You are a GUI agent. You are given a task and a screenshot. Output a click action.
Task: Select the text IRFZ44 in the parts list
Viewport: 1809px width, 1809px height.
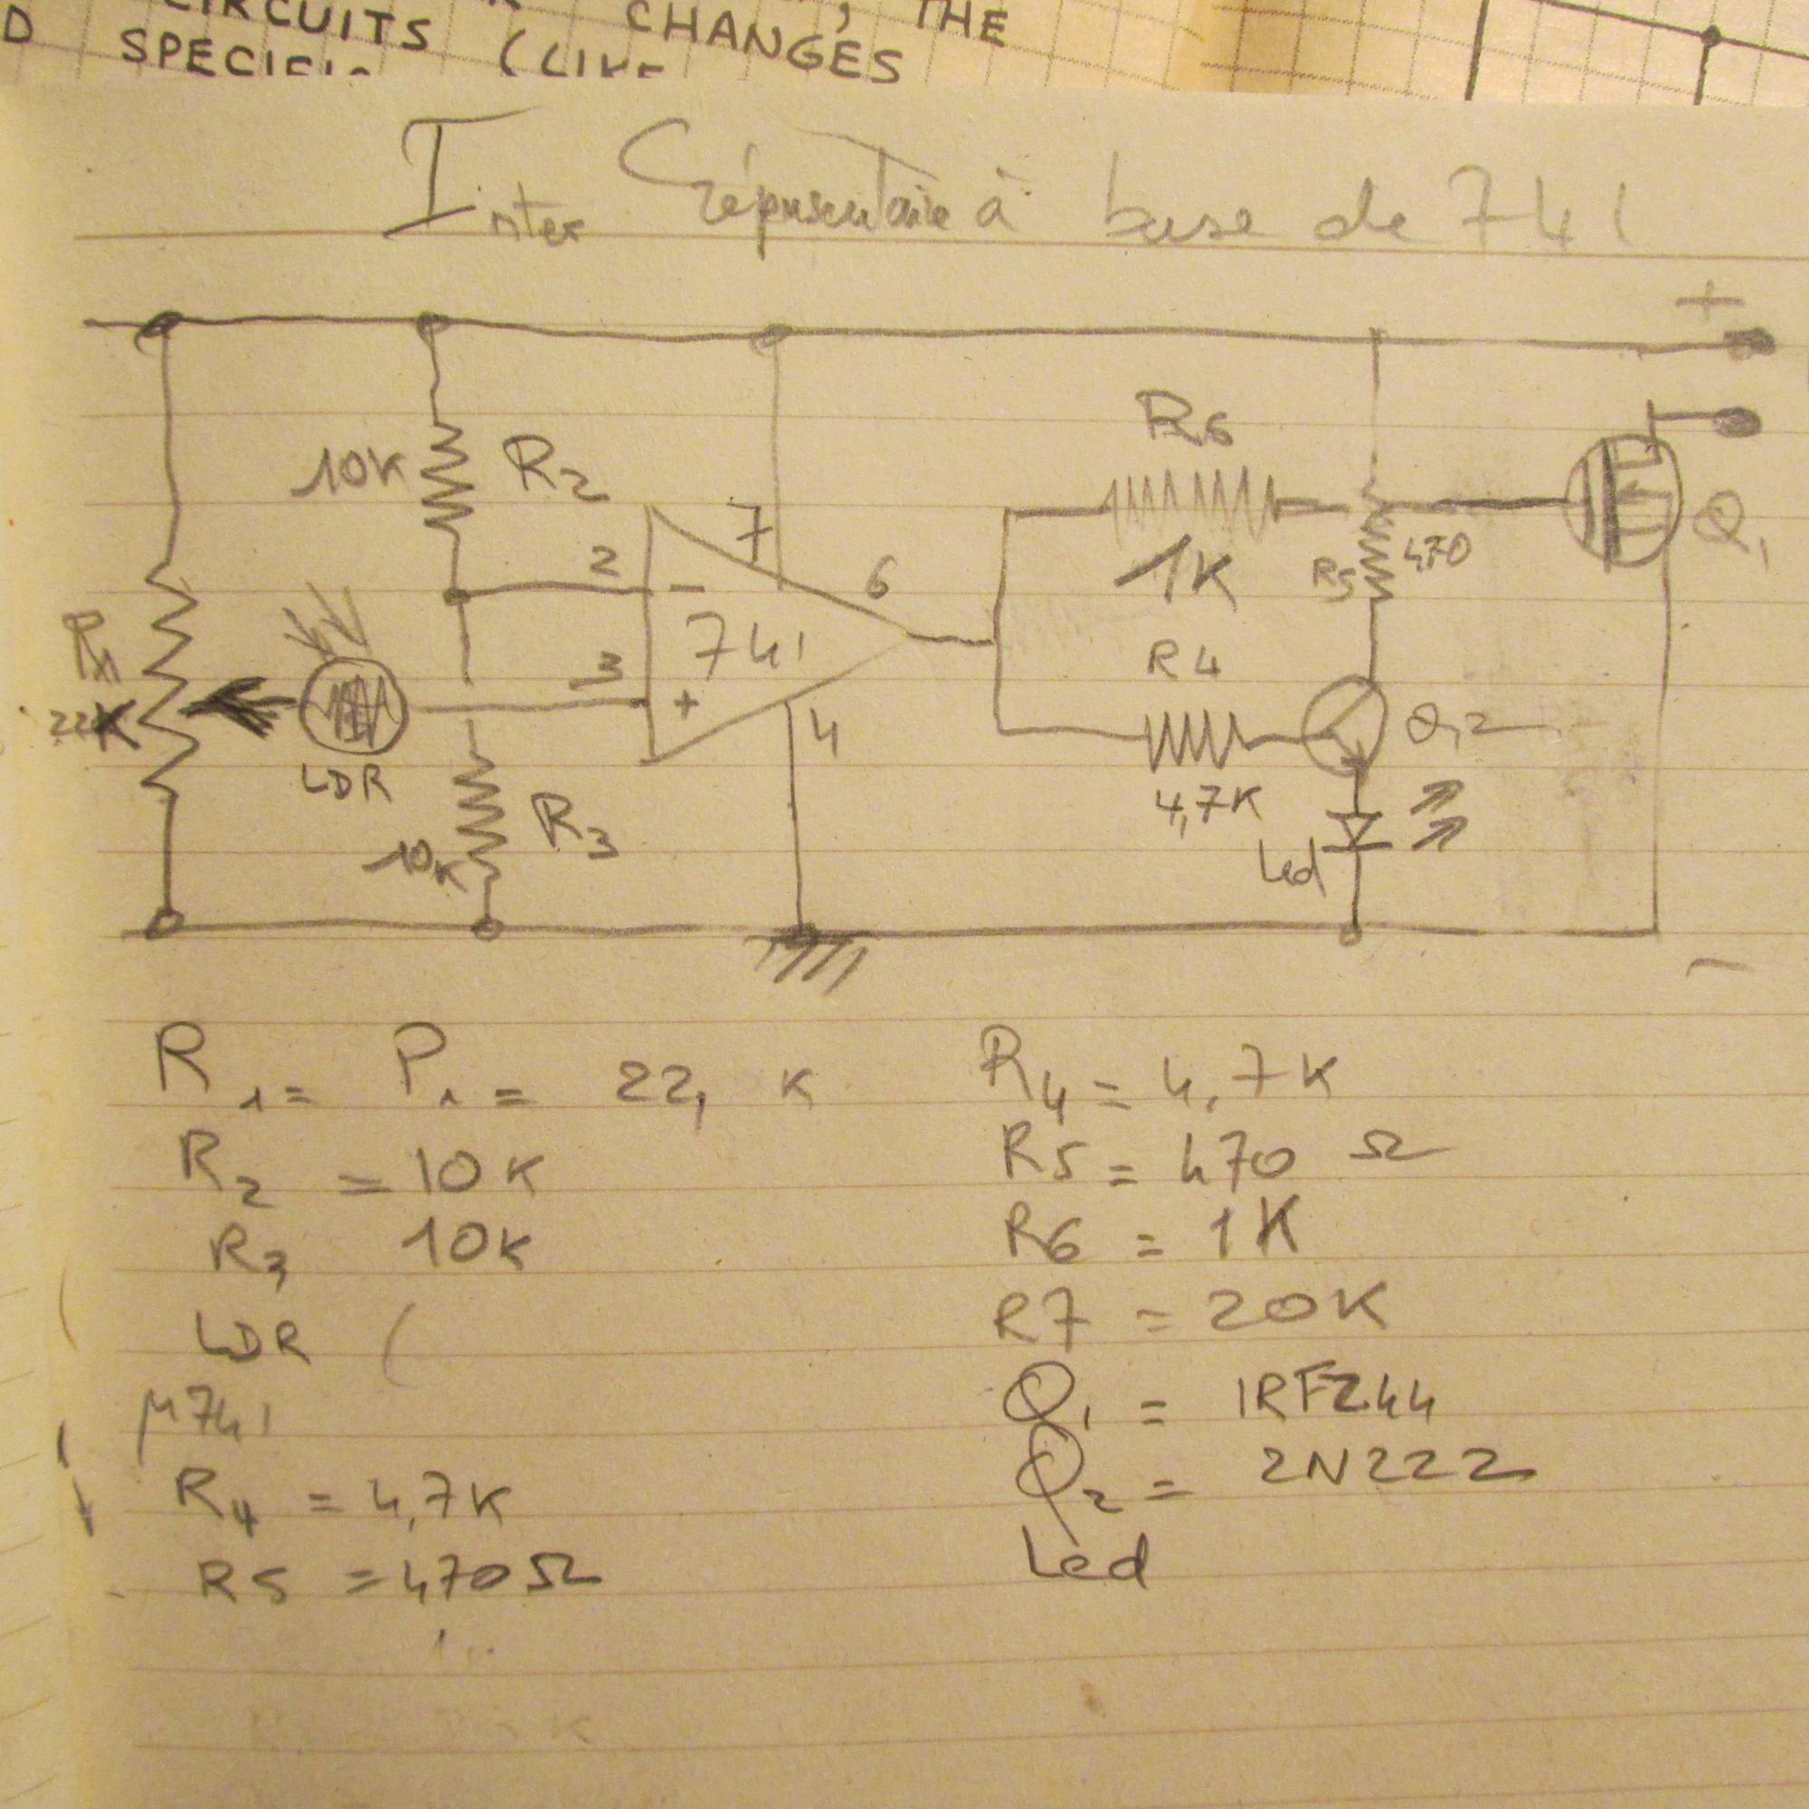(1337, 1408)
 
